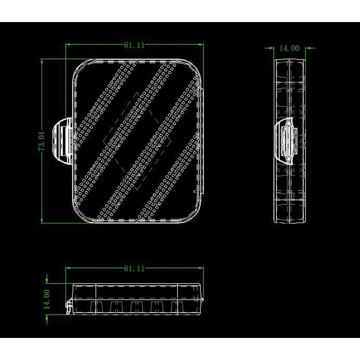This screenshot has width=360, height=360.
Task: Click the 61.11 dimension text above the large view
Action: tap(134, 45)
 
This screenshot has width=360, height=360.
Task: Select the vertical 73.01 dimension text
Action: tap(42, 141)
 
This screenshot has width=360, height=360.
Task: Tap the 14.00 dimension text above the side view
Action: tap(289, 49)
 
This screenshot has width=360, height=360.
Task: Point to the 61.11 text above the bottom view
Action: tap(134, 269)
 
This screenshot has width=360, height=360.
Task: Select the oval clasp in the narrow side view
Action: tap(288, 140)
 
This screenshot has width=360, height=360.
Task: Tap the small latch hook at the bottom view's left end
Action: tap(68, 308)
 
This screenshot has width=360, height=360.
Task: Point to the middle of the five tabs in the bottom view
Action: tap(134, 307)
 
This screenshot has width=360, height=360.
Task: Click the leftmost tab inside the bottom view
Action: tap(93, 307)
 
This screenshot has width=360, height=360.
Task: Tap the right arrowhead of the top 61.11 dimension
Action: tap(201, 45)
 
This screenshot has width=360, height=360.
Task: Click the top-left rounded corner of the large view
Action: tap(77, 67)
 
